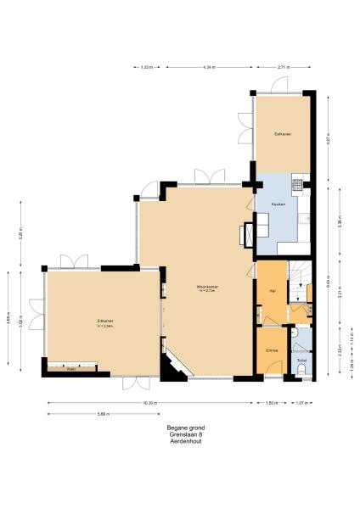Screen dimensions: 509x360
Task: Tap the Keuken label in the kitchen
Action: (278, 205)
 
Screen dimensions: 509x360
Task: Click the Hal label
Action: (272, 291)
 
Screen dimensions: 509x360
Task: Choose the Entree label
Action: (272, 350)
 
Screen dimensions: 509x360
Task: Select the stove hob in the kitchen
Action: (297, 182)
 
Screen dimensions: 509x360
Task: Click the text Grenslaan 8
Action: (186, 435)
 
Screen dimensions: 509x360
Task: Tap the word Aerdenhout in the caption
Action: (186, 442)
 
